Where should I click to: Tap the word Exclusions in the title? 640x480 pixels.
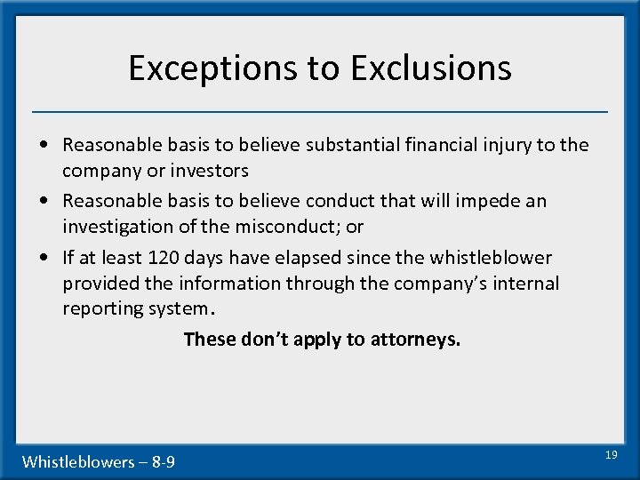(x=431, y=68)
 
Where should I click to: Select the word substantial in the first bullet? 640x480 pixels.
(x=355, y=144)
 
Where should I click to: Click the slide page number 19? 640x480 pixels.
(x=611, y=454)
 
